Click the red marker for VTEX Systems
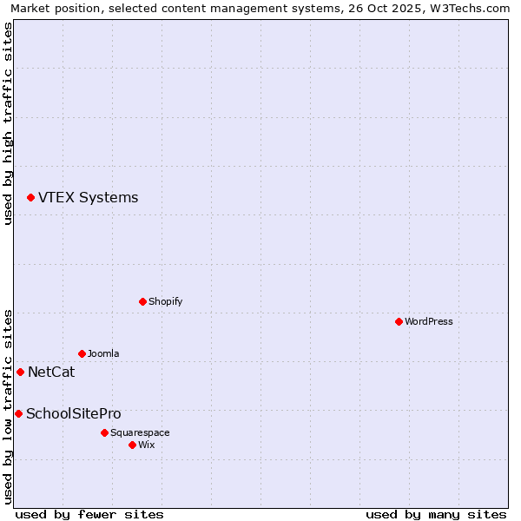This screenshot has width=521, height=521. pyautogui.click(x=30, y=198)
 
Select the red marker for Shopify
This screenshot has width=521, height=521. pyautogui.click(x=142, y=301)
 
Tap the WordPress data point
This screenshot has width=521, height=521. pyautogui.click(x=399, y=321)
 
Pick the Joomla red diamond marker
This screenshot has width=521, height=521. pyautogui.click(x=82, y=353)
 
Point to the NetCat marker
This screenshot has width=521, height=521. pyautogui.click(x=20, y=372)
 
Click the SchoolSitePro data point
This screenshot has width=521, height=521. pyautogui.click(x=18, y=413)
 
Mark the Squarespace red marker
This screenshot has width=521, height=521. pyautogui.click(x=104, y=432)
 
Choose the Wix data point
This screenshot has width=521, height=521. pyautogui.click(x=132, y=445)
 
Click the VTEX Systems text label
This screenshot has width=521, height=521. pyautogui.click(x=88, y=198)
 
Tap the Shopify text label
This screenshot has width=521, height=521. pyautogui.click(x=165, y=301)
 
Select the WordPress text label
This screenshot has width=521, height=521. pyautogui.click(x=429, y=321)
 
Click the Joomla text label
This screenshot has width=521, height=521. pyautogui.click(x=103, y=353)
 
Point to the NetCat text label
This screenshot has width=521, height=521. pyautogui.click(x=51, y=373)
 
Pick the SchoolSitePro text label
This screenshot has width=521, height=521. pyautogui.click(x=74, y=414)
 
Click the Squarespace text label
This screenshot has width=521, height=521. pyautogui.click(x=140, y=432)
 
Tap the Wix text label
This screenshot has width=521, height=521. pyautogui.click(x=147, y=445)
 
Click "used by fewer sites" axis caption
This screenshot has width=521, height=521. pyautogui.click(x=89, y=514)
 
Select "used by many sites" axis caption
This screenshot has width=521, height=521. pyautogui.click(x=436, y=514)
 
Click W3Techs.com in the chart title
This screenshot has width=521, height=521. pyautogui.click(x=473, y=9)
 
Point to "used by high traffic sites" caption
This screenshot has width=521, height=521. pyautogui.click(x=8, y=123)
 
